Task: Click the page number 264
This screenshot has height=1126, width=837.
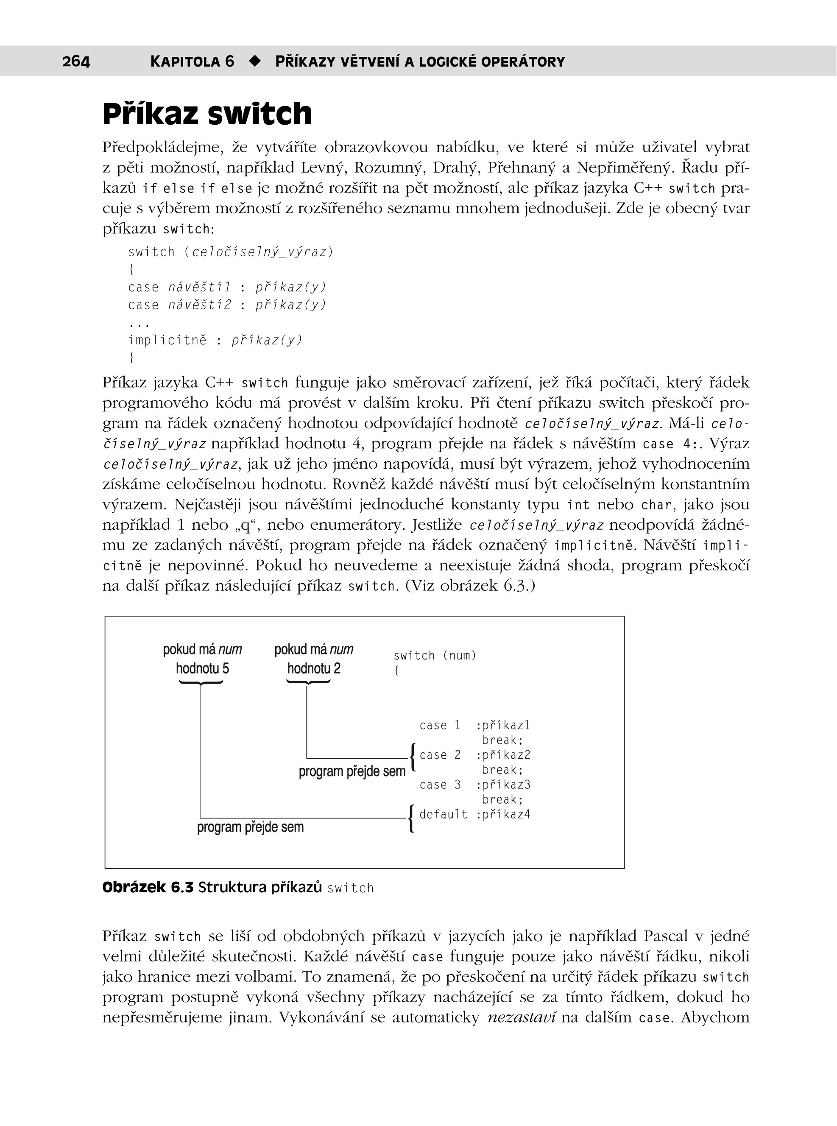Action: pos(76,61)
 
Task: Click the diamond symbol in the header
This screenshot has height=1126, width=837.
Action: pos(255,61)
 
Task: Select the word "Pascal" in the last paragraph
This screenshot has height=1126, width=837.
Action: pos(666,936)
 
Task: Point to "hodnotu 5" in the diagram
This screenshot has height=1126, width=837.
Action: pos(202,668)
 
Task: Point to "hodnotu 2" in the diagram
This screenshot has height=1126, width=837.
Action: pos(314,668)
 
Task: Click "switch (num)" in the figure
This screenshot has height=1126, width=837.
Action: pos(435,655)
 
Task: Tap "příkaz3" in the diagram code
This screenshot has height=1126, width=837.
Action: pos(506,785)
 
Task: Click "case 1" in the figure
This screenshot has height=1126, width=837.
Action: pos(440,725)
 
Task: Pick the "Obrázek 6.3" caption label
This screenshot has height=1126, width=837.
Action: pos(148,887)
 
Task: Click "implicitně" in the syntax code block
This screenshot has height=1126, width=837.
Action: pos(167,340)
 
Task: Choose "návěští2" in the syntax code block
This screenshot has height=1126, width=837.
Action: pos(200,305)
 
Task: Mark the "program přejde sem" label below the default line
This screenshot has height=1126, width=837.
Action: pos(250,827)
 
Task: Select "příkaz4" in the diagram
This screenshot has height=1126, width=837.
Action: pos(506,814)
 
